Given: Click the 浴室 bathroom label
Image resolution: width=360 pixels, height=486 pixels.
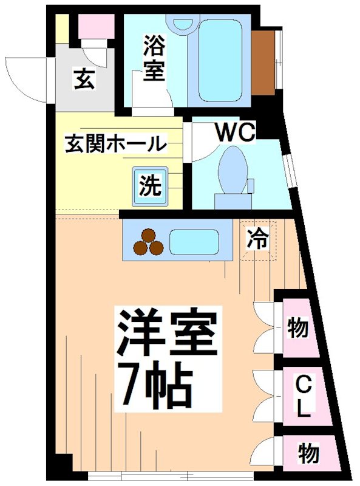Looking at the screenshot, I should tap(154, 58).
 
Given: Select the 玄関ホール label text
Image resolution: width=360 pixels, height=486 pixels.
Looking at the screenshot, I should tap(115, 144).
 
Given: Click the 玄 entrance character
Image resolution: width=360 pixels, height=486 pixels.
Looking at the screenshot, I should tap(84, 80).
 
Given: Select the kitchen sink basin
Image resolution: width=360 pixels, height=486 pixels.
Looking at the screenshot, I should tap(194, 242).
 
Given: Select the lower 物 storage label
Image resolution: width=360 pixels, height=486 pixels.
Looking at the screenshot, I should tap(308, 452).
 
